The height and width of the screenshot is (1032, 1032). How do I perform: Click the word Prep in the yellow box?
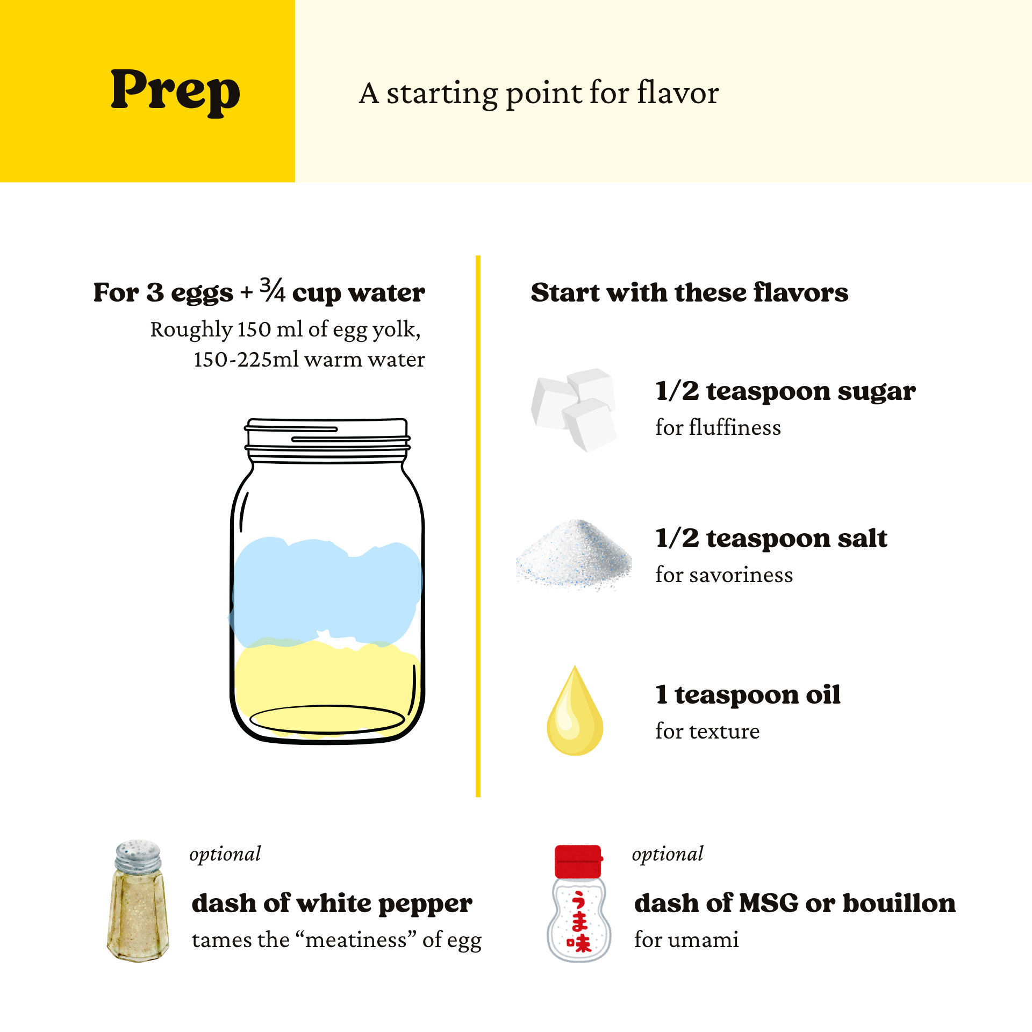click(x=175, y=91)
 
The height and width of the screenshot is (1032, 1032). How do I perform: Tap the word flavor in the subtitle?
click(x=678, y=93)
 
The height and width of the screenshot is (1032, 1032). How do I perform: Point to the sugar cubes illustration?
click(x=574, y=410)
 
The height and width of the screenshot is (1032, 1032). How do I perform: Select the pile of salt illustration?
click(x=574, y=555)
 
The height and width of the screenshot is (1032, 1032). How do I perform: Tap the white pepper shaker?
click(x=138, y=901)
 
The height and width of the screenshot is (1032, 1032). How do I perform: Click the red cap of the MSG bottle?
click(x=578, y=861)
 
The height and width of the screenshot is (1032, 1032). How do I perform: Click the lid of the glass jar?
click(x=327, y=440)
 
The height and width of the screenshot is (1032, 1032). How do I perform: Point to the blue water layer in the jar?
click(x=326, y=591)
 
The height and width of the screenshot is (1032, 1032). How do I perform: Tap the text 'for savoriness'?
click(x=724, y=575)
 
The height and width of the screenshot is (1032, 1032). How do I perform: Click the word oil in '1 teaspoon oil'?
click(x=823, y=694)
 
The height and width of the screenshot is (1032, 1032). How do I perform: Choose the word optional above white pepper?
click(x=225, y=854)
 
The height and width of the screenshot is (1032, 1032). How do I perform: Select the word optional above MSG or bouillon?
click(x=667, y=854)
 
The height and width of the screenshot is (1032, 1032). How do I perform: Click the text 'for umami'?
click(x=686, y=940)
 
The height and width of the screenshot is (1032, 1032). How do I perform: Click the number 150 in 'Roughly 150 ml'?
click(x=254, y=329)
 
